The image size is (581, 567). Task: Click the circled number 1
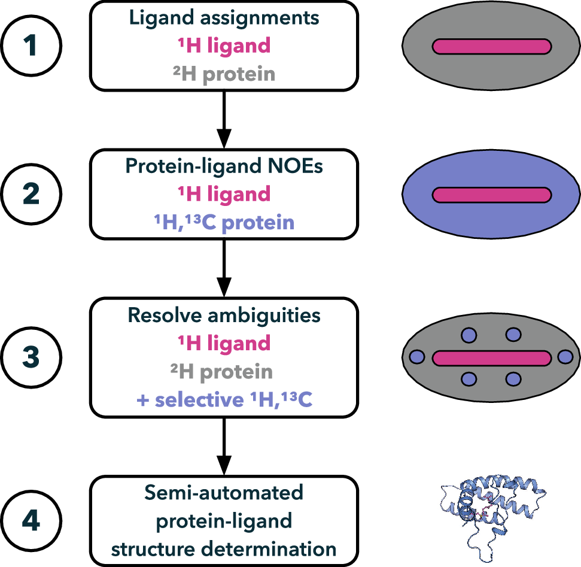click(x=31, y=46)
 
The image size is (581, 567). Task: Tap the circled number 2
click(x=31, y=195)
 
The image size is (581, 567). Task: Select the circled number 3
click(x=31, y=358)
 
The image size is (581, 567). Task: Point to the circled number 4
click(x=31, y=520)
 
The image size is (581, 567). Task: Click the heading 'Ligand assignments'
click(x=223, y=18)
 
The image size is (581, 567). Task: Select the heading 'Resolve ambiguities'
click(x=223, y=315)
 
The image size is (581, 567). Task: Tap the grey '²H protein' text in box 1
click(x=223, y=74)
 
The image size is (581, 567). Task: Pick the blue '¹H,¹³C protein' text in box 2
click(x=223, y=223)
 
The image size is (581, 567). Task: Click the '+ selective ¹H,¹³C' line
click(x=223, y=401)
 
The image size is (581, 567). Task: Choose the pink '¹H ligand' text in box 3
click(x=223, y=344)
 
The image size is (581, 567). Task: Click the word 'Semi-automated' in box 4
click(x=223, y=493)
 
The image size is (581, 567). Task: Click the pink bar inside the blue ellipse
click(x=491, y=195)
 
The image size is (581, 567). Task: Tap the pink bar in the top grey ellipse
click(x=491, y=46)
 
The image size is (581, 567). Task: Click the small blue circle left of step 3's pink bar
click(x=417, y=357)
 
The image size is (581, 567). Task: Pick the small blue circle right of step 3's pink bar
click(x=565, y=357)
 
